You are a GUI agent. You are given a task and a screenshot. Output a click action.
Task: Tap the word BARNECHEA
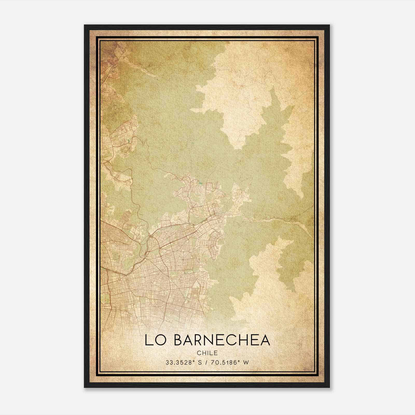coord(222,340)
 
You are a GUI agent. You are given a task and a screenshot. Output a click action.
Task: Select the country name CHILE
coord(207,353)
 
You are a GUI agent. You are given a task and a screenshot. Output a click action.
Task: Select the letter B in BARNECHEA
coord(179,340)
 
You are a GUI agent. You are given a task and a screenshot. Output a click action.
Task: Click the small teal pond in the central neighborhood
coord(200,183)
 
